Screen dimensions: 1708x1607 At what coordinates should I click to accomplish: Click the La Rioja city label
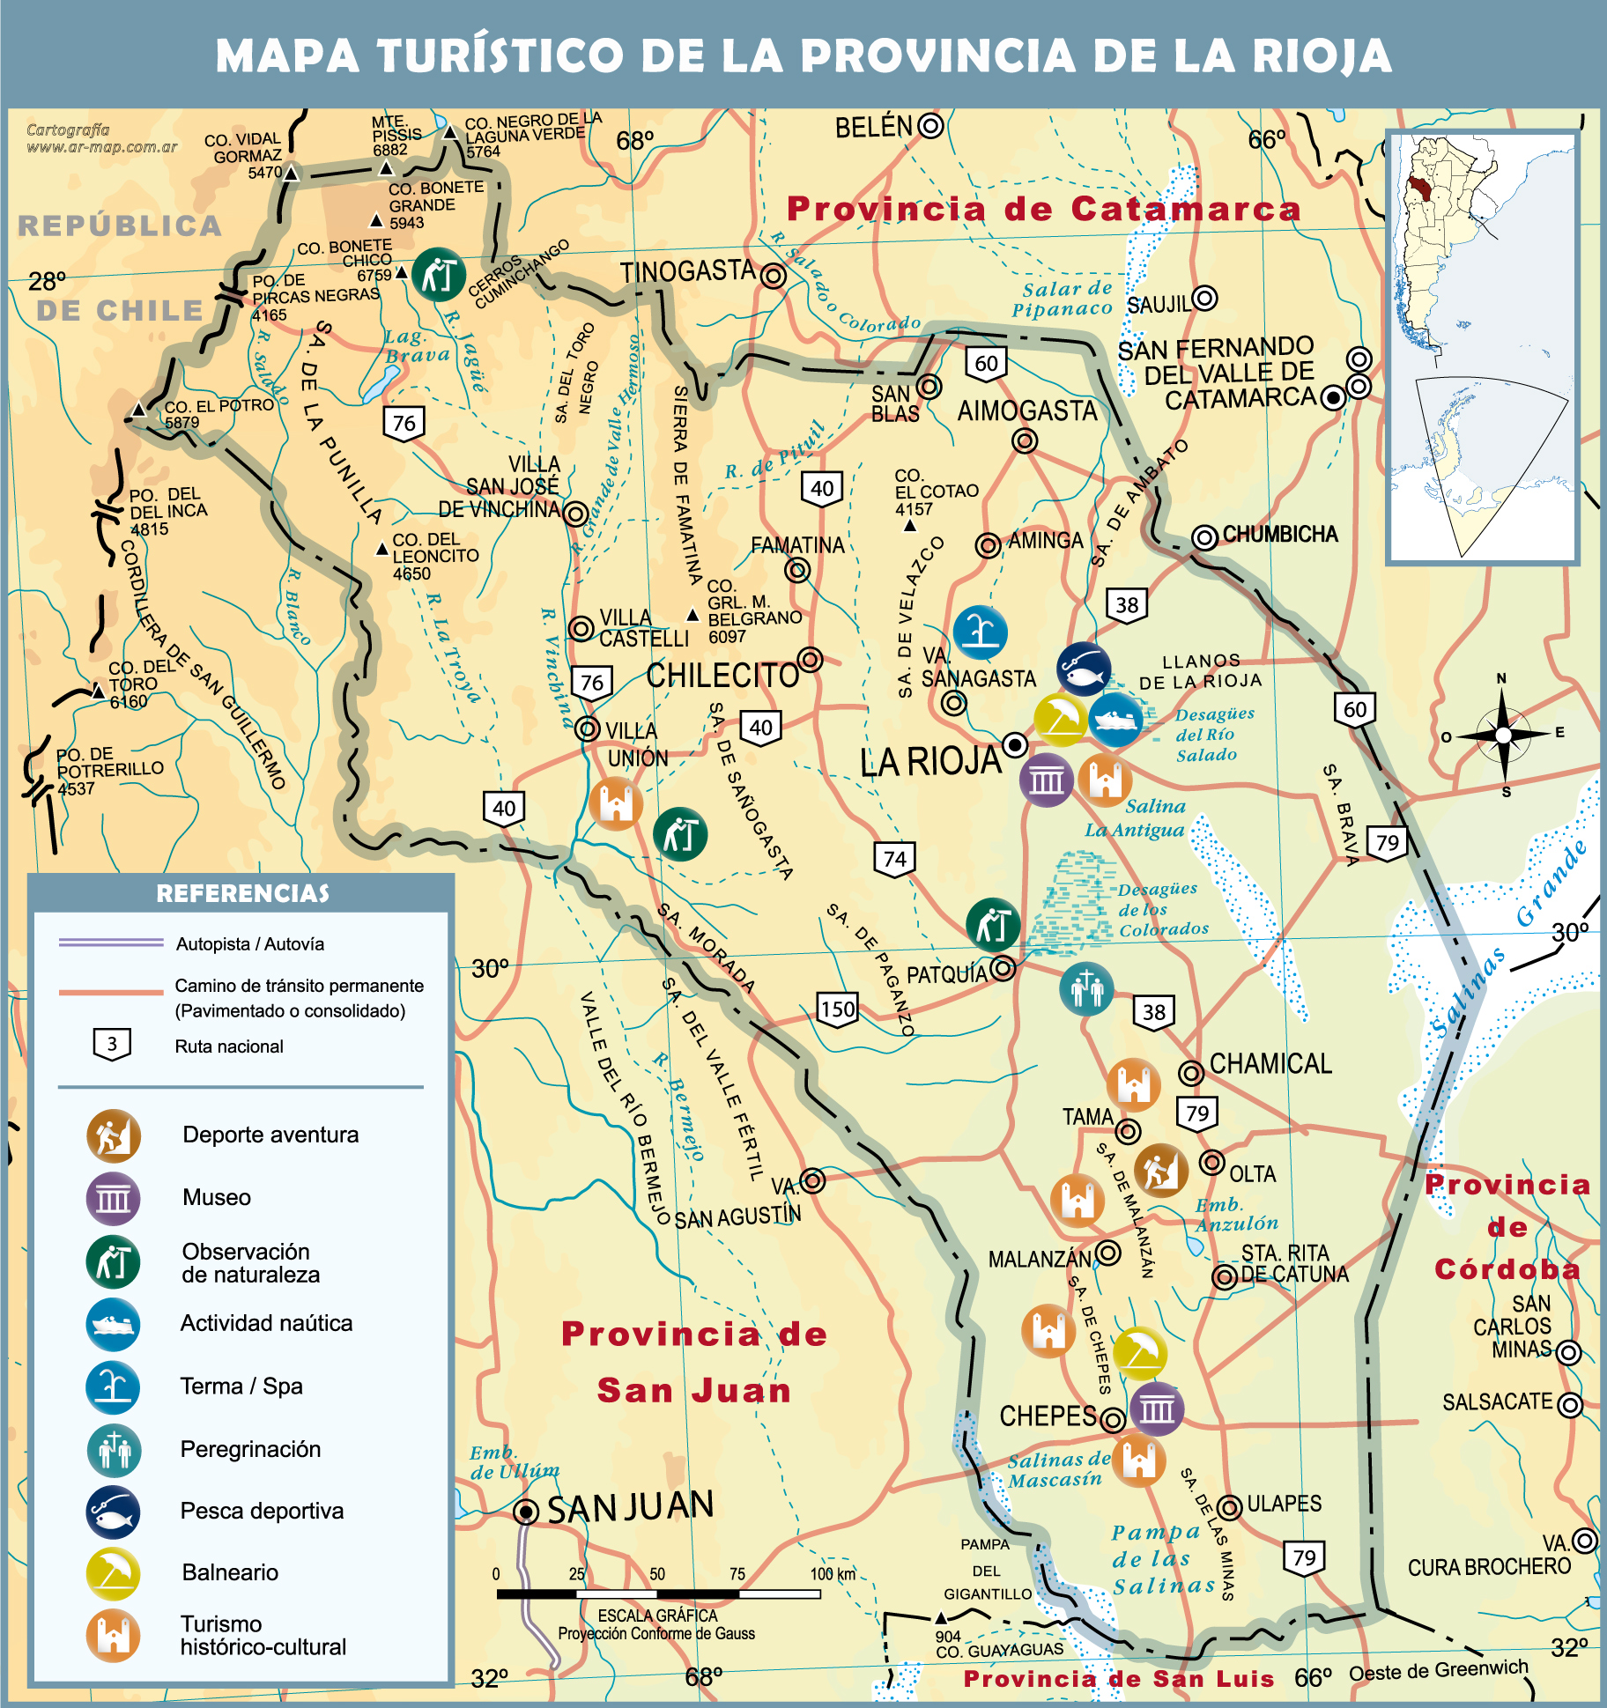(930, 762)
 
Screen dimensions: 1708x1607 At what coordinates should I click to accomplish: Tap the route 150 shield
(837, 1009)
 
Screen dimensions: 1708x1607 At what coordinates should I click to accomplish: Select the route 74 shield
(894, 860)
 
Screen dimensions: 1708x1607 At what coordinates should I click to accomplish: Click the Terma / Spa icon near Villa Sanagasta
(980, 632)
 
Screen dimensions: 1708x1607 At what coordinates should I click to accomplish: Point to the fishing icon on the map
(1084, 669)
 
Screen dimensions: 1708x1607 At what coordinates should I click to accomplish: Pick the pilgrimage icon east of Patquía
(1086, 988)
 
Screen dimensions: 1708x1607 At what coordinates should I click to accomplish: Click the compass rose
(1503, 735)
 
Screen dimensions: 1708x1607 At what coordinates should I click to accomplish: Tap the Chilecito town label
(722, 676)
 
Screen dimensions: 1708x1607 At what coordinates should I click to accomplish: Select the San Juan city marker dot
(526, 1512)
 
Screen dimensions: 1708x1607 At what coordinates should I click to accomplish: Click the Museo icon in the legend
(114, 1198)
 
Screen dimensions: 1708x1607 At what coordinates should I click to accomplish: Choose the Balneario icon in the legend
(114, 1573)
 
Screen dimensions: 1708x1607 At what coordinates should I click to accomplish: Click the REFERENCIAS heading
(242, 894)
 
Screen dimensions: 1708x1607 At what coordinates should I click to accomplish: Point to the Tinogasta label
(687, 272)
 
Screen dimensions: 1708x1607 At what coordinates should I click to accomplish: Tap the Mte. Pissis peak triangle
(386, 168)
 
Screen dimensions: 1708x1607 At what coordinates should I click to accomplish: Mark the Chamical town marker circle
(1191, 1072)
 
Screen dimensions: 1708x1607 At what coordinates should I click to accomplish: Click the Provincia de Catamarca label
(1043, 210)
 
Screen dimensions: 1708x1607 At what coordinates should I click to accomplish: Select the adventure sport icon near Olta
(1160, 1171)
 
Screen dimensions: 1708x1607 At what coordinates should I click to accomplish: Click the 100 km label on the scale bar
(833, 1574)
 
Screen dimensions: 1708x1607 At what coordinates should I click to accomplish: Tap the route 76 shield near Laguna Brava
(404, 424)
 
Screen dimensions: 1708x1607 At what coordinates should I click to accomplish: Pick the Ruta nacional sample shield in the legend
(112, 1046)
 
